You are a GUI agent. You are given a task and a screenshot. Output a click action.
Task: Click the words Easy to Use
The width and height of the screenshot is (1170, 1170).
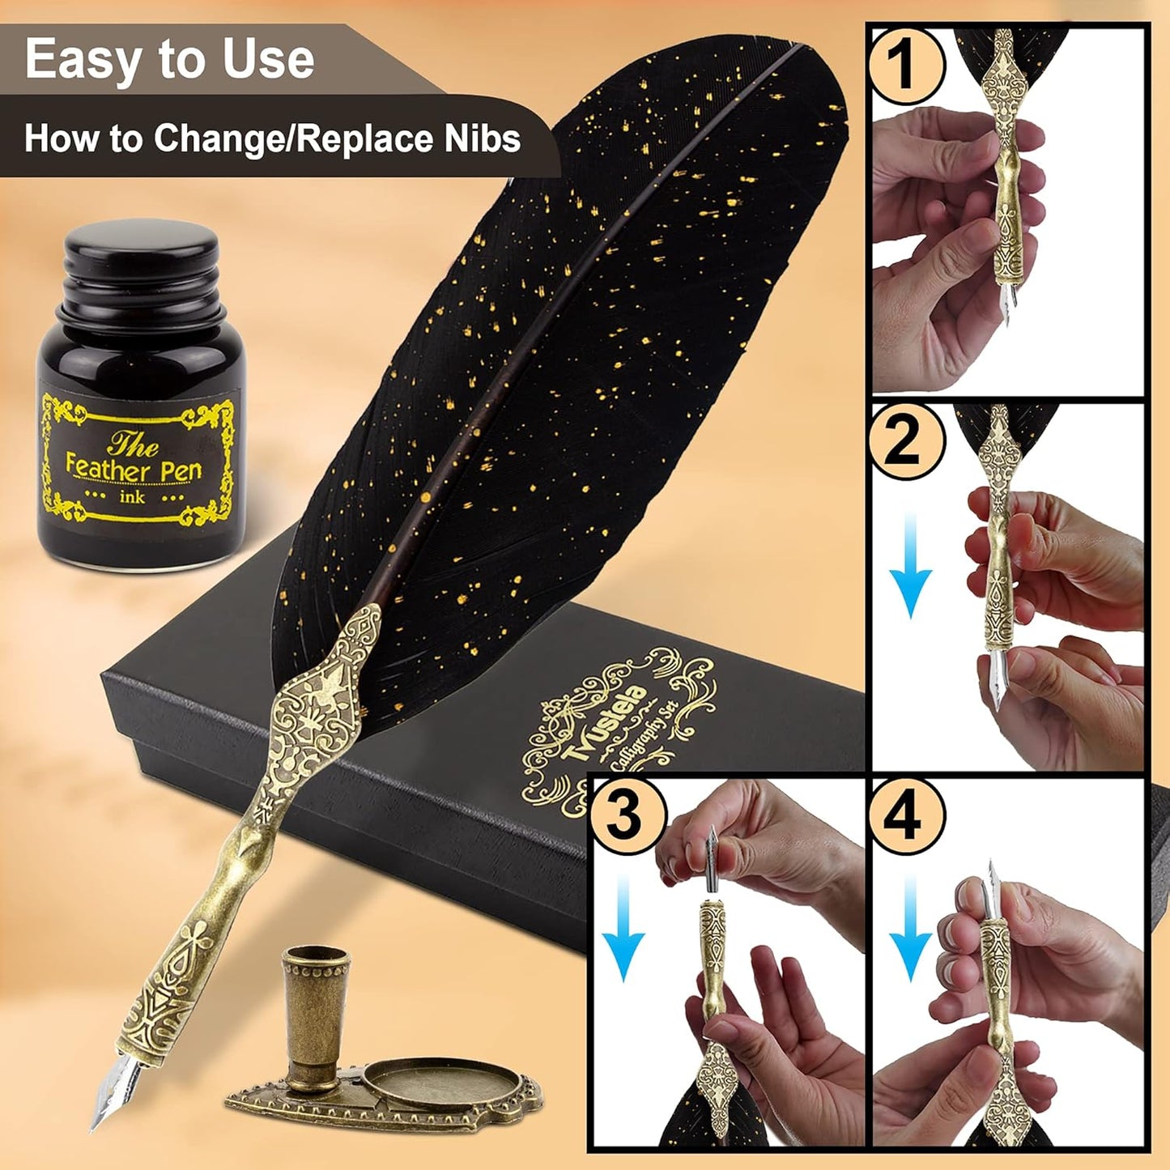point(169,60)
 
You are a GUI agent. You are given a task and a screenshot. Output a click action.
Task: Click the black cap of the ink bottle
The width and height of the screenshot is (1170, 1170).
point(142,257)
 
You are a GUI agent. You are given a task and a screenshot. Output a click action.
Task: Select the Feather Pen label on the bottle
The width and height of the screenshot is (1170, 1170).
point(134,468)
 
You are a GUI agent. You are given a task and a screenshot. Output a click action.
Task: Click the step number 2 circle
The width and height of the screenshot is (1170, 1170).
point(904,441)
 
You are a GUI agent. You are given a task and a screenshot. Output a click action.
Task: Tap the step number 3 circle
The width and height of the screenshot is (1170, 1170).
point(625,815)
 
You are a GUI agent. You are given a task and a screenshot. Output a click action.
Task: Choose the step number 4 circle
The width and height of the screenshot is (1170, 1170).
point(904,815)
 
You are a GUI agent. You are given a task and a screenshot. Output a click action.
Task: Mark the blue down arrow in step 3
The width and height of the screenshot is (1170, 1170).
point(623,931)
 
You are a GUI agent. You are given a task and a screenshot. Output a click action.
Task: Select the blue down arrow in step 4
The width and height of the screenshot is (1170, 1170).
point(910,931)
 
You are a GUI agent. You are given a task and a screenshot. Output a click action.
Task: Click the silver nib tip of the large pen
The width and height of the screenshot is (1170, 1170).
point(107,1093)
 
